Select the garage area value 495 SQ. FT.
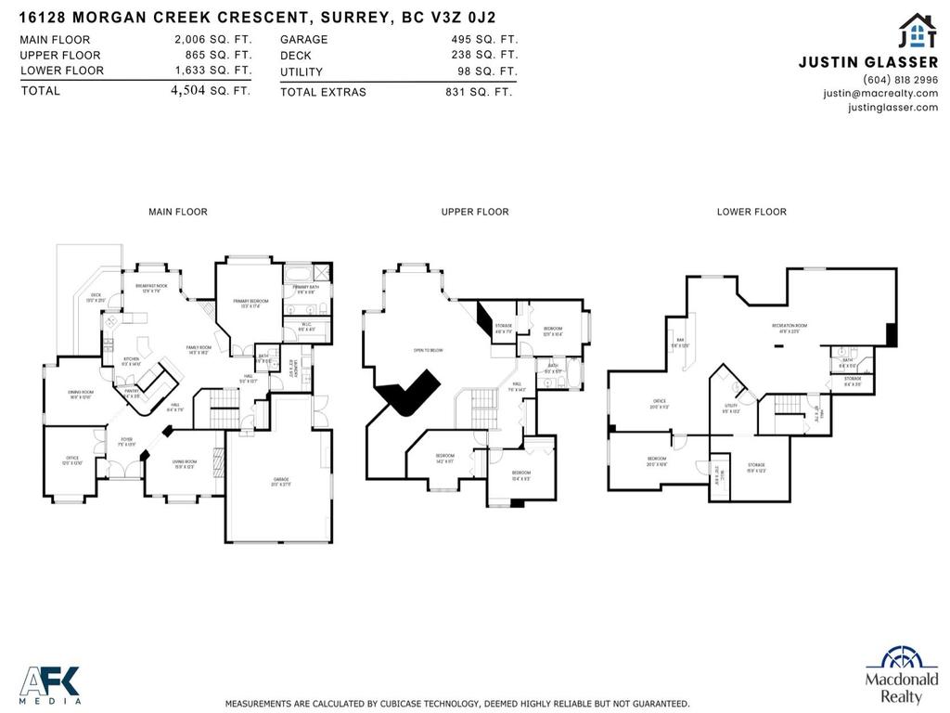481,40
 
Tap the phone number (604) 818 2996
900,80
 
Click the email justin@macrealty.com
880,93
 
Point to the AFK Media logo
51,685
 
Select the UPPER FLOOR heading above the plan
475,212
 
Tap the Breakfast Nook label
151,288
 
